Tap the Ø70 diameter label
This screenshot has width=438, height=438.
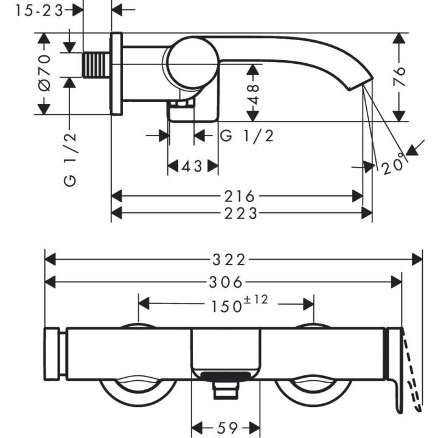pos(44,73)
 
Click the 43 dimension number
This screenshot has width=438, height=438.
pos(192,166)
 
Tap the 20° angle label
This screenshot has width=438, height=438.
pos(394,165)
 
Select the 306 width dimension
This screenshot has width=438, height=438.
pos(225,282)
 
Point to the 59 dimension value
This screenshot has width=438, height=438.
pos(227,428)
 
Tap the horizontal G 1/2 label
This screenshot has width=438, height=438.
pos(247,136)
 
